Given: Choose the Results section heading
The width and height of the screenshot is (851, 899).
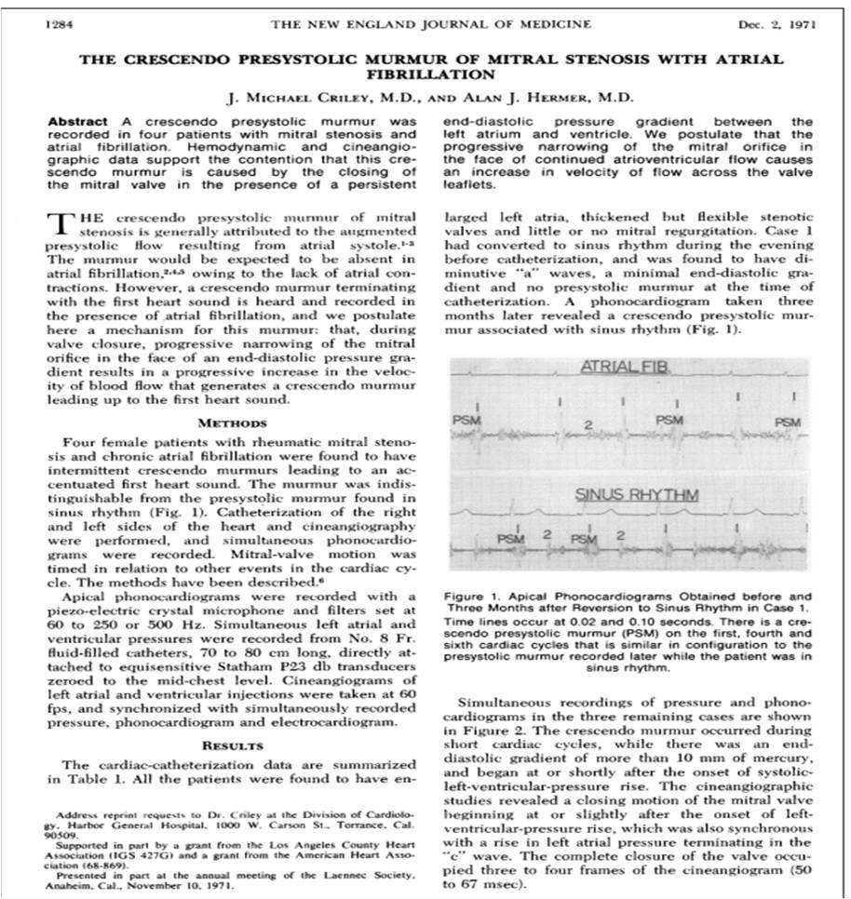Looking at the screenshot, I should pyautogui.click(x=233, y=745).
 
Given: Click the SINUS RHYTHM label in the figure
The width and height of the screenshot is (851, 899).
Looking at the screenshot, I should pyautogui.click(x=638, y=495).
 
